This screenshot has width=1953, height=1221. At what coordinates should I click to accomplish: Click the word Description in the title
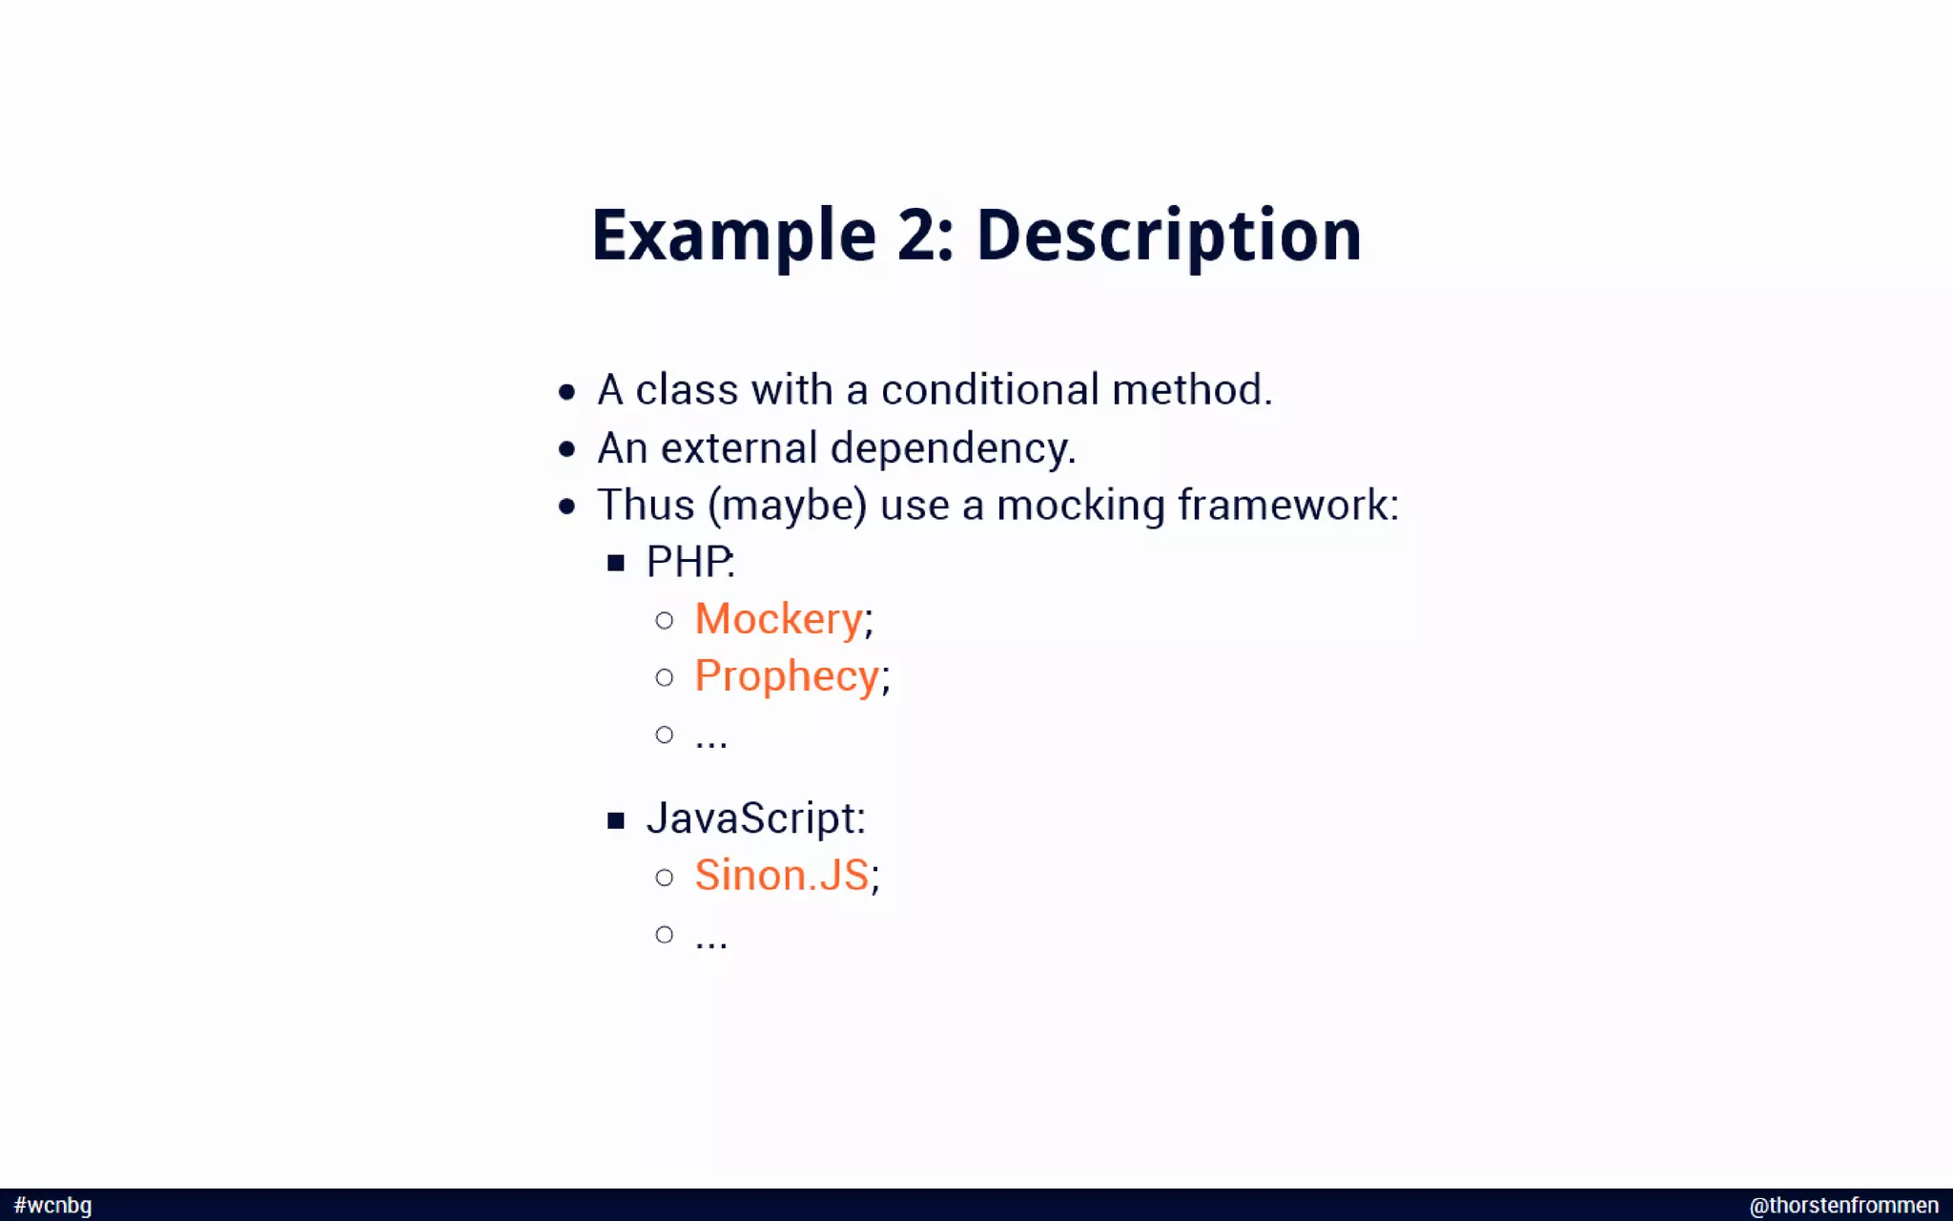coord(1168,236)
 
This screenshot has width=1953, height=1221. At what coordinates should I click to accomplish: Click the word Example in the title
coord(733,236)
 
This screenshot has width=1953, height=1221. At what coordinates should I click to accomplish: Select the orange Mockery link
coord(778,619)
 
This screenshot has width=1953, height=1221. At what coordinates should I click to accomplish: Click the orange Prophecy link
coord(786,676)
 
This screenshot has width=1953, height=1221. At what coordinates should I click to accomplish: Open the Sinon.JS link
coord(781,876)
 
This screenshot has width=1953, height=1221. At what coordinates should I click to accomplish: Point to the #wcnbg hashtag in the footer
coord(53,1205)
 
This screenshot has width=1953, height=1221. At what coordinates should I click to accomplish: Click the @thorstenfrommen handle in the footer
coord(1843,1205)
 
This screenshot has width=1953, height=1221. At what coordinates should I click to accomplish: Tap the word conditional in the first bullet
coord(990,390)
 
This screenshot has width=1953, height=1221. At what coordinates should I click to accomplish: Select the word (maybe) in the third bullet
coord(787,506)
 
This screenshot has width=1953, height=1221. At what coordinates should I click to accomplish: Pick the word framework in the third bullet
coord(1287,506)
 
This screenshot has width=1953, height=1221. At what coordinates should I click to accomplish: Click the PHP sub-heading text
coord(689,562)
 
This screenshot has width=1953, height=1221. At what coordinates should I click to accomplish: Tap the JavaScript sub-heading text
coord(754,818)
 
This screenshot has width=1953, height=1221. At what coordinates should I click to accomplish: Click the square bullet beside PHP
coord(616,563)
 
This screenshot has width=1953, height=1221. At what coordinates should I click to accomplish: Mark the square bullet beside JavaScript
coord(616,819)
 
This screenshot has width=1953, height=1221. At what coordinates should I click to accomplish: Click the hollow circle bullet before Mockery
coord(665,621)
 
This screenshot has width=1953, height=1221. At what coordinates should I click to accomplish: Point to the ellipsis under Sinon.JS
coord(711,939)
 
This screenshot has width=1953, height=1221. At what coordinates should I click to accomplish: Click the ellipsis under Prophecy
coord(711,739)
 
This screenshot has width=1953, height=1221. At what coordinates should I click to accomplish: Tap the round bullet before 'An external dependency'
coord(567,449)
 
